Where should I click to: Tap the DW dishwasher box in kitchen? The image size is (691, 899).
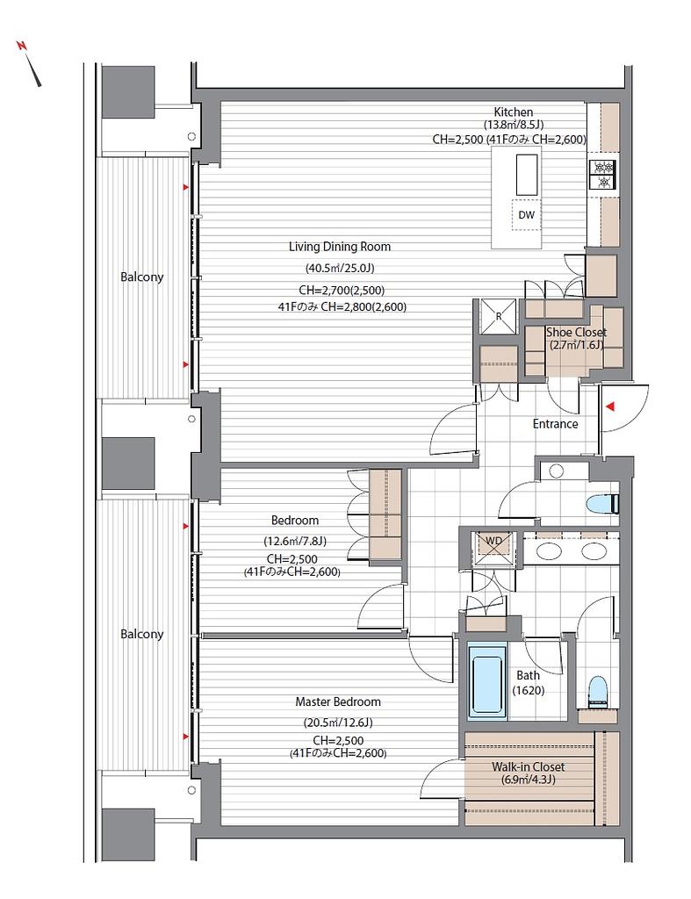[x=527, y=215]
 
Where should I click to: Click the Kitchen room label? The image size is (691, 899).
[x=514, y=112]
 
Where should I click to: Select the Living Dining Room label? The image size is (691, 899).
[x=340, y=247]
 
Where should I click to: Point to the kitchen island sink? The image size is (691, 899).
[x=528, y=175]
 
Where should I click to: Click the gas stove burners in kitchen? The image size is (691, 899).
[x=602, y=175]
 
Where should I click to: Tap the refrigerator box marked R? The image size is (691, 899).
[x=499, y=316]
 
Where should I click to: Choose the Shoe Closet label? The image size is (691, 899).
[x=576, y=332]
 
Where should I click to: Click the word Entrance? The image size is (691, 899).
[x=555, y=424]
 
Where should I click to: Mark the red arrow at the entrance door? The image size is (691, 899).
[x=611, y=406]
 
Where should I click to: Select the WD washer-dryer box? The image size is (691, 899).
[x=493, y=549]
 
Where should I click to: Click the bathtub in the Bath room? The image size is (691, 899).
[x=488, y=681]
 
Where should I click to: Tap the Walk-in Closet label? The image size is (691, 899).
[x=529, y=766]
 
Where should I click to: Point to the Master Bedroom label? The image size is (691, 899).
[x=338, y=701]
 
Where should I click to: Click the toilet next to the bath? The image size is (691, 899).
[x=598, y=691]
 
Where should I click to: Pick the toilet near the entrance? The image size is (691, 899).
[x=602, y=505]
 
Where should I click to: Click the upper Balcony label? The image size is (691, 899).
[x=141, y=277]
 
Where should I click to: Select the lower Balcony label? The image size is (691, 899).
[x=141, y=634]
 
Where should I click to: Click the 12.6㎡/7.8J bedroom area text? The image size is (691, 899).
[x=295, y=541]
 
